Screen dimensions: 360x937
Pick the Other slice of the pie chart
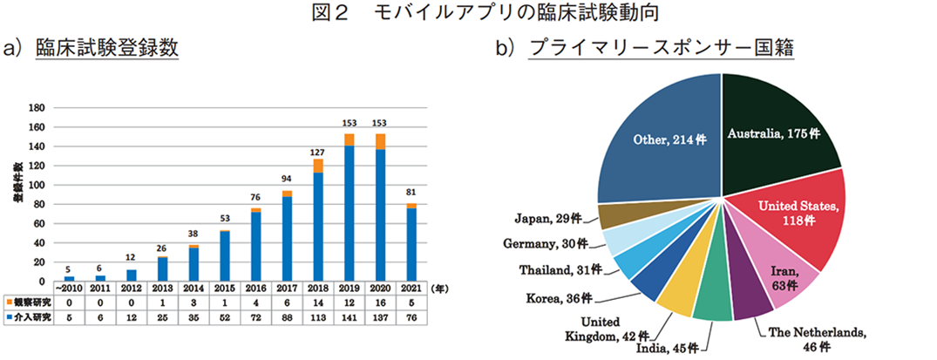(662, 139)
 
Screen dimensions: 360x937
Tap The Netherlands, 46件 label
(816, 339)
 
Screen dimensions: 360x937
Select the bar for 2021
(411, 244)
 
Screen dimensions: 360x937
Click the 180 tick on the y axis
(37, 108)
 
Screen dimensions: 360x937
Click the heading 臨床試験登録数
(106, 48)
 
